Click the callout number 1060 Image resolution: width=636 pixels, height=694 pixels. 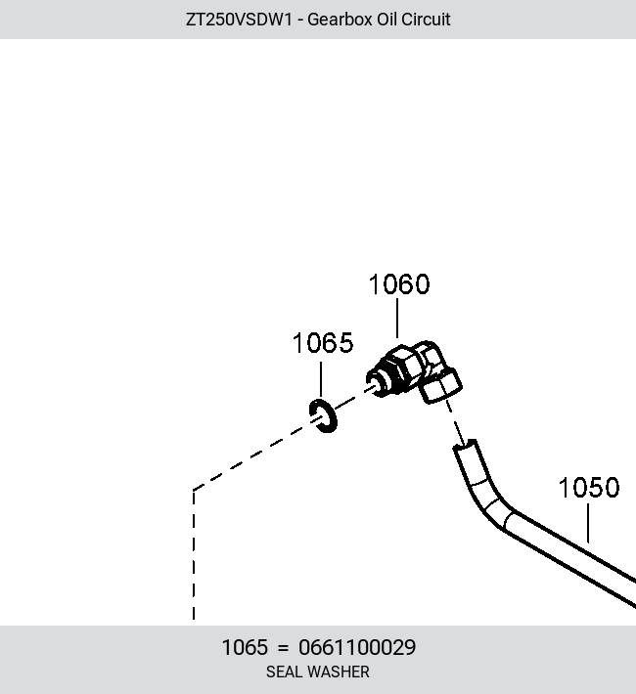[399, 284]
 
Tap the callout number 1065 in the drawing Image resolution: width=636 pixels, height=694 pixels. [323, 343]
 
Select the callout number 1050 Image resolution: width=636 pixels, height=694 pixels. [589, 488]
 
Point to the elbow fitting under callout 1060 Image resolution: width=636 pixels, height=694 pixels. [414, 370]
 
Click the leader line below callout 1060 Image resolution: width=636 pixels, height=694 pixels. [397, 319]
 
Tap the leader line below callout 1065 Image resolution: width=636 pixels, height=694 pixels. [321, 379]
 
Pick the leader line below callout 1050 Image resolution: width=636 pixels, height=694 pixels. [588, 523]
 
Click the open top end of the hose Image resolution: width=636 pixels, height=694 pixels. [465, 445]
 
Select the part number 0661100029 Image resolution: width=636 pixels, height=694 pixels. [357, 647]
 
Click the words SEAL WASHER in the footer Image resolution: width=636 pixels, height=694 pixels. [318, 672]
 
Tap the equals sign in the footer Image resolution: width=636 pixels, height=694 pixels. [283, 648]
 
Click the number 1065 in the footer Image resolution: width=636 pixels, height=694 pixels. [245, 647]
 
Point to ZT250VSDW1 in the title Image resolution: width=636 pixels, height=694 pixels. [239, 20]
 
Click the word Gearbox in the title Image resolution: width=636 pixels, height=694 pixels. [340, 20]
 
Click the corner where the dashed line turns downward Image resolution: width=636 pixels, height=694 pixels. [194, 490]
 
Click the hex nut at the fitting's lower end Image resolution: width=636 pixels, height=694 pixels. [440, 386]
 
